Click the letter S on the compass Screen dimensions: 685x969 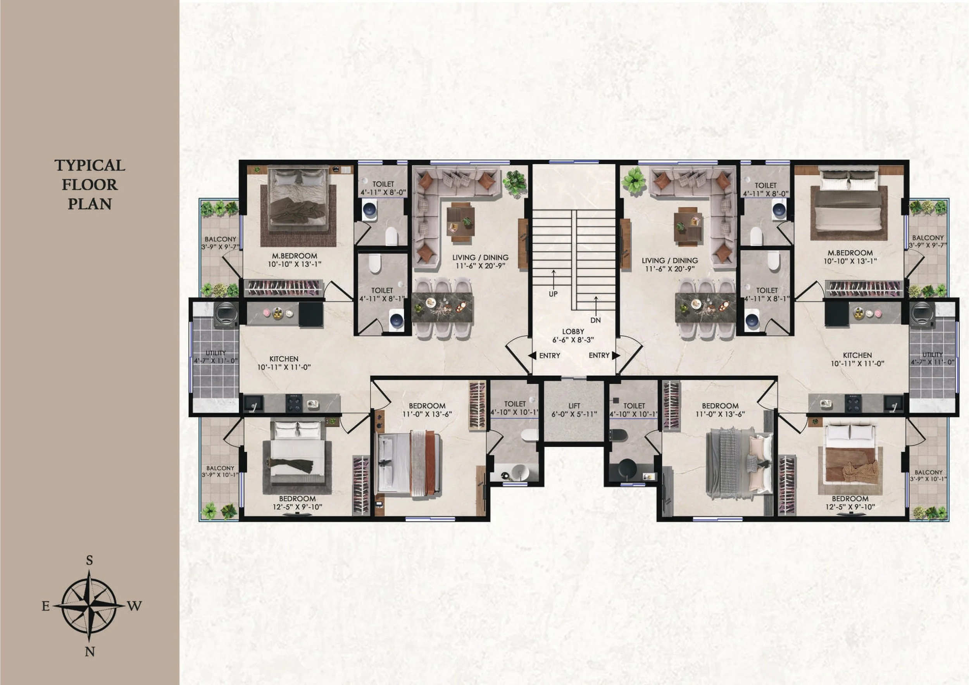click(x=90, y=561)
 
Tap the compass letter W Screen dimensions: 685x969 click(x=134, y=606)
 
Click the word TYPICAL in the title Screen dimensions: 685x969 click(x=90, y=166)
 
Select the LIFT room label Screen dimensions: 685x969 click(x=574, y=405)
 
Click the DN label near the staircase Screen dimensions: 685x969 click(x=595, y=320)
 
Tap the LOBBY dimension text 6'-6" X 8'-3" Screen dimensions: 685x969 click(x=573, y=340)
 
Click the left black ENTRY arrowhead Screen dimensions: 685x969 click(x=532, y=355)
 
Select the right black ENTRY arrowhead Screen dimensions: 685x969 click(x=616, y=355)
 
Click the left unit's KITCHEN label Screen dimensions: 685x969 click(x=284, y=359)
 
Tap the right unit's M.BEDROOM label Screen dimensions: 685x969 click(x=850, y=253)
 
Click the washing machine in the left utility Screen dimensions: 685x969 click(x=226, y=314)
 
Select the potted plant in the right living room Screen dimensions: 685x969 click(x=634, y=180)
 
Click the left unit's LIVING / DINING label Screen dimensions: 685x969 click(x=480, y=257)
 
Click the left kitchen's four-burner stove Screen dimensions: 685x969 click(x=294, y=403)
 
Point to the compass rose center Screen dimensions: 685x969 click(x=89, y=606)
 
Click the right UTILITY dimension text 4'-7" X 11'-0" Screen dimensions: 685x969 click(x=932, y=362)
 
